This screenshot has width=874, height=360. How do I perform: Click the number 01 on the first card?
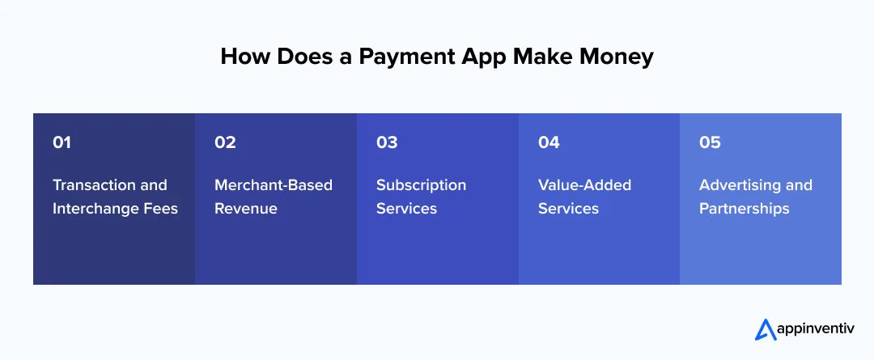[x=62, y=142]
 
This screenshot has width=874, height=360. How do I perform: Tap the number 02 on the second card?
[x=225, y=142]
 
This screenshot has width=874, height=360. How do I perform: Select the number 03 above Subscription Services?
[x=387, y=142]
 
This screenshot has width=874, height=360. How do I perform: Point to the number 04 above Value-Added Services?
[x=549, y=142]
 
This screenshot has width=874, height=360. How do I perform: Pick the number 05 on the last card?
[x=710, y=142]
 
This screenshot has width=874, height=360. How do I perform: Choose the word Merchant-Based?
[x=274, y=185]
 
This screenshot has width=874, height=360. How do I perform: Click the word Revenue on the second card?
[x=246, y=209]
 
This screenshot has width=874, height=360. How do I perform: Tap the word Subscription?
[x=421, y=185]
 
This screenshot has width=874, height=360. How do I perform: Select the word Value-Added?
[x=584, y=185]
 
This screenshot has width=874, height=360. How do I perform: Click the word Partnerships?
[x=745, y=209]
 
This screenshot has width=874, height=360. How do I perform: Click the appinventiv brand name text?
[x=812, y=330]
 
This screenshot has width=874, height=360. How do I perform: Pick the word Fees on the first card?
[x=162, y=209]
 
